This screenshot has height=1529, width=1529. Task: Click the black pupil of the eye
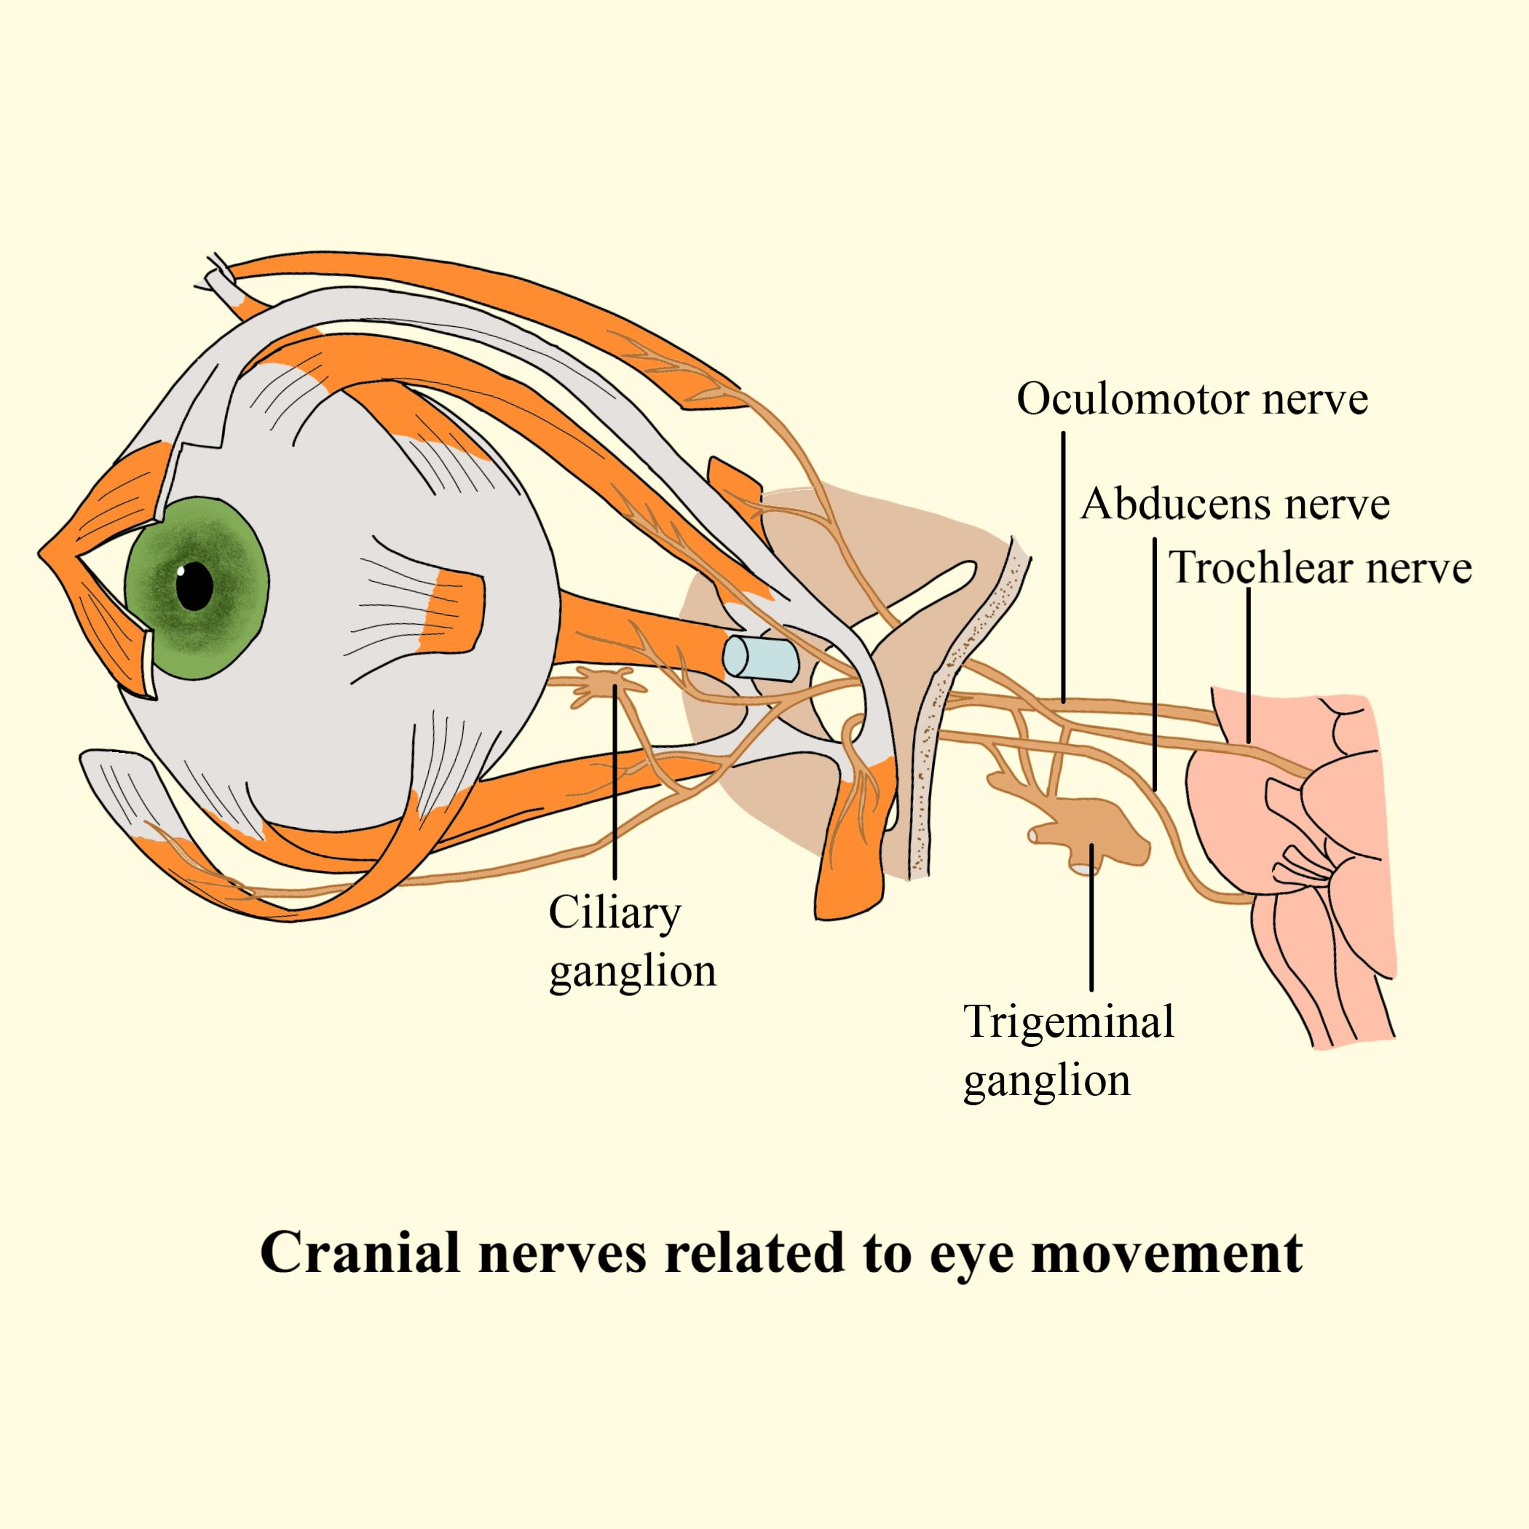[x=195, y=585]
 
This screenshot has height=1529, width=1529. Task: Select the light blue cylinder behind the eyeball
[x=759, y=657]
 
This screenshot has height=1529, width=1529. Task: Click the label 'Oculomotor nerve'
[x=1192, y=400]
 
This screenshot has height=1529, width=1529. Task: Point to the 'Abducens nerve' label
[x=1235, y=503]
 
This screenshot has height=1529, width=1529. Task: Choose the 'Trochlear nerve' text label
[x=1320, y=568]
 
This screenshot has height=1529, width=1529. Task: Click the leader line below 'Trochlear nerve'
[x=1248, y=665]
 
